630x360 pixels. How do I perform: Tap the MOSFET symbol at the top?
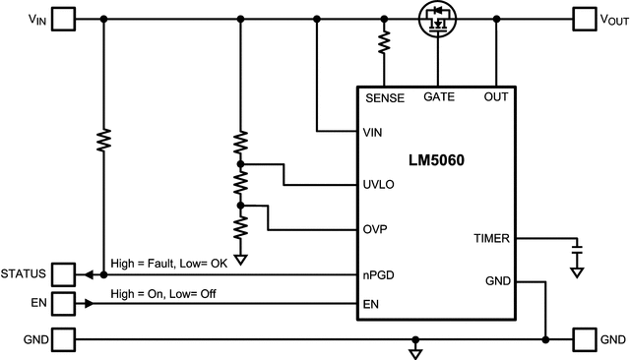click(x=436, y=19)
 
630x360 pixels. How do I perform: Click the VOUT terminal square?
click(x=587, y=18)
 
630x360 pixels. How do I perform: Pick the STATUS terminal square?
click(x=63, y=273)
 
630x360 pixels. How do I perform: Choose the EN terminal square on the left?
click(x=63, y=304)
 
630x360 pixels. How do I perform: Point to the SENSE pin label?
click(x=384, y=98)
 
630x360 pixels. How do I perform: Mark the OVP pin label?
click(x=375, y=229)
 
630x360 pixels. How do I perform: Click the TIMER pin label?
click(x=491, y=237)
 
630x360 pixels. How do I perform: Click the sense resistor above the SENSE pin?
click(x=384, y=41)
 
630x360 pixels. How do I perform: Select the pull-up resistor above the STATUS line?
click(x=103, y=141)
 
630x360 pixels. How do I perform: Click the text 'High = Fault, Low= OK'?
click(x=169, y=263)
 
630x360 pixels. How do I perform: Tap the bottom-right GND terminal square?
click(x=587, y=339)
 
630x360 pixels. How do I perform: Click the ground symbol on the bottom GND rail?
click(x=415, y=349)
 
